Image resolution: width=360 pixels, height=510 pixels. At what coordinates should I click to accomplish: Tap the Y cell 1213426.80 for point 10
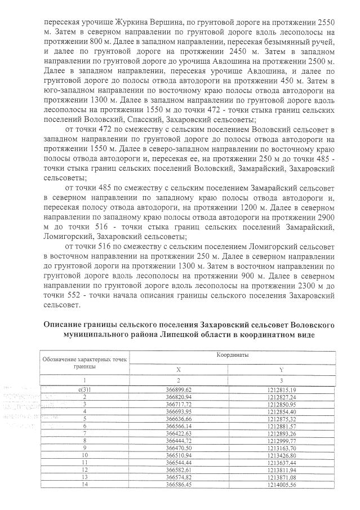(x=282, y=456)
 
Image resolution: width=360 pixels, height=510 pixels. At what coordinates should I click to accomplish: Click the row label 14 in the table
(x=85, y=485)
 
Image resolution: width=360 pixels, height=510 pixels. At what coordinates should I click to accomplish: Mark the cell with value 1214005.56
(x=282, y=485)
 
